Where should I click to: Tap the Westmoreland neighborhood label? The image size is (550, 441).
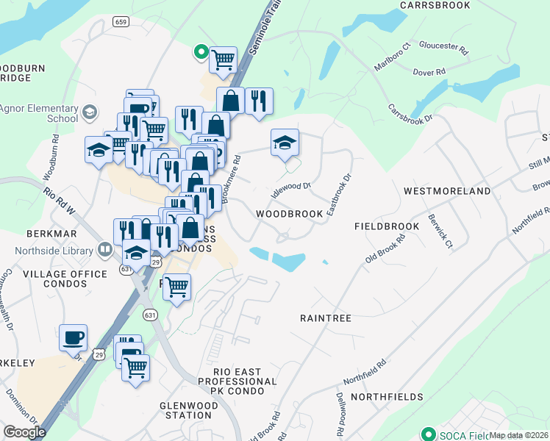(x=447, y=191)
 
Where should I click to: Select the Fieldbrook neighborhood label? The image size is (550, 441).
(x=387, y=226)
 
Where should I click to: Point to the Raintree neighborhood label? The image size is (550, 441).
(x=326, y=318)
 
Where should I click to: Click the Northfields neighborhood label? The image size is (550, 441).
(x=387, y=397)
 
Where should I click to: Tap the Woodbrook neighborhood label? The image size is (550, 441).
(x=290, y=214)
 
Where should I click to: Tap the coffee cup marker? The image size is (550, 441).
(x=73, y=338)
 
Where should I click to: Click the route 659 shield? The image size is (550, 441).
(x=121, y=22)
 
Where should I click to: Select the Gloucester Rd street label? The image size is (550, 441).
(x=443, y=49)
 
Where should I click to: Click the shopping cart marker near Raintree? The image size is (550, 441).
(x=176, y=287)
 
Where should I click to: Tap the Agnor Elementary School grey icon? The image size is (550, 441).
(x=90, y=112)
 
